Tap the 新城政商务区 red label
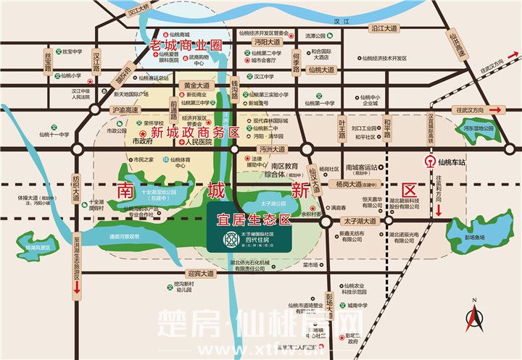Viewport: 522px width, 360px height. [194, 132]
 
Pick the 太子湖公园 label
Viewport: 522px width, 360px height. [269, 204]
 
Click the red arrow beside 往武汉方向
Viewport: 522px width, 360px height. [496, 109]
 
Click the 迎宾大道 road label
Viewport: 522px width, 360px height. [200, 274]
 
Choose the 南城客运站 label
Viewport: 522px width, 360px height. [362, 167]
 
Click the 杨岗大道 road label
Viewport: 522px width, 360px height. [349, 185]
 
